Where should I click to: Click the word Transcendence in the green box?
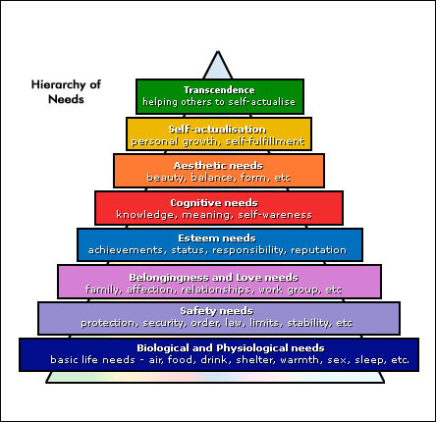pyautogui.click(x=219, y=90)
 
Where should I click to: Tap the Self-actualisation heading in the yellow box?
pyautogui.click(x=217, y=130)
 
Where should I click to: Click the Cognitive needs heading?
pyautogui.click(x=214, y=203)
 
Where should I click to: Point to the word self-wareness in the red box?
pyautogui.click(x=275, y=215)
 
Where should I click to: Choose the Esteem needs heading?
pyautogui.click(x=217, y=238)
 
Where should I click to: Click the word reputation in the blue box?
pyautogui.click(x=318, y=250)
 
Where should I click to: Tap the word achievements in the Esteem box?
pyautogui.click(x=126, y=250)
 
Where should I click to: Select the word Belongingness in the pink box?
pyautogui.click(x=169, y=278)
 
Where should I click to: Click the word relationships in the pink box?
pyautogui.click(x=216, y=290)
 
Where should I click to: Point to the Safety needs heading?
pyautogui.click(x=217, y=311)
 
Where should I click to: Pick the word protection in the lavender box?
pyautogui.click(x=108, y=323)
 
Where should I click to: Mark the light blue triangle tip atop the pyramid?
pyautogui.click(x=218, y=52)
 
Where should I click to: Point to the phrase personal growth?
pyautogui.click(x=174, y=142)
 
